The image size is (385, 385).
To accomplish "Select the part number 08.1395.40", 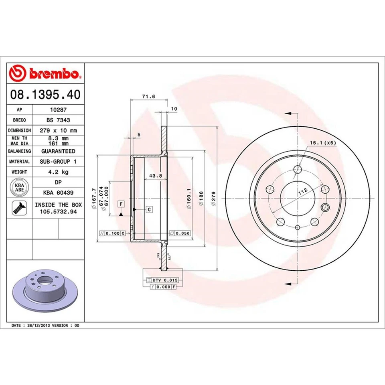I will click(x=45, y=95).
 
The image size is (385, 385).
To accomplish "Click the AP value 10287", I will click(x=58, y=109).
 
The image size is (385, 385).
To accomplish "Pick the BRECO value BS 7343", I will click(x=58, y=120).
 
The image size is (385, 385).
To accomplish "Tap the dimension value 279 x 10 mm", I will click(x=58, y=130).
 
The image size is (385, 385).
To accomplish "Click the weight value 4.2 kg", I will click(x=58, y=172).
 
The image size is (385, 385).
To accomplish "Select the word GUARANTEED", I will click(x=58, y=151).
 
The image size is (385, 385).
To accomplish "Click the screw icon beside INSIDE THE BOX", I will click(x=19, y=207).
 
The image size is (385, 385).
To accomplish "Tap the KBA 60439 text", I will click(x=58, y=193).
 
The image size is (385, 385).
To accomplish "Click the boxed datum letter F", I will click(x=120, y=204).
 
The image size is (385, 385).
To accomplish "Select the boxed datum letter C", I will click(x=149, y=209).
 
